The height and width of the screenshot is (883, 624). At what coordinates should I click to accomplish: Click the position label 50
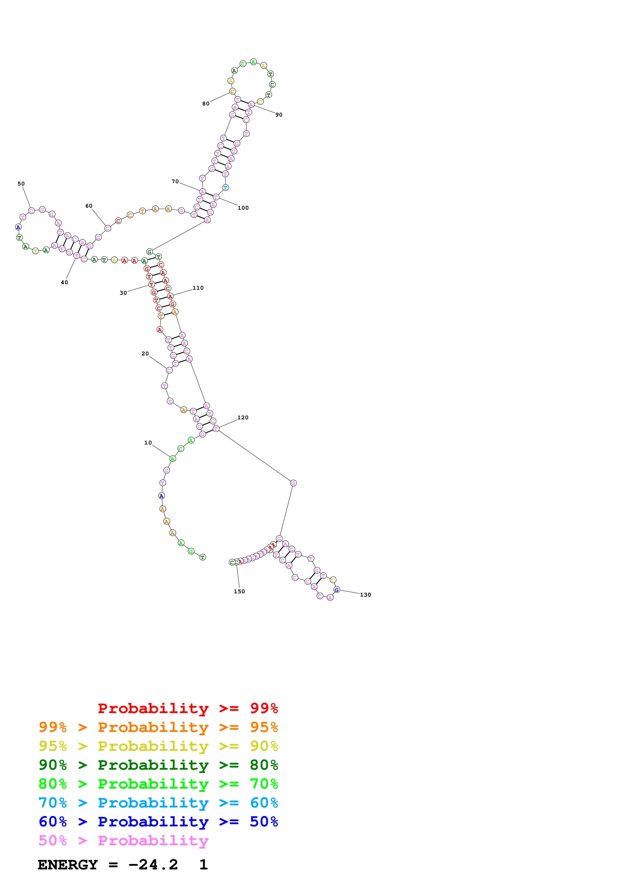pyautogui.click(x=21, y=184)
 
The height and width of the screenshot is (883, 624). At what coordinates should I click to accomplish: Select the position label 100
pyautogui.click(x=243, y=208)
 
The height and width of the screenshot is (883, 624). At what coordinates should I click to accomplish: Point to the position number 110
pyautogui.click(x=198, y=288)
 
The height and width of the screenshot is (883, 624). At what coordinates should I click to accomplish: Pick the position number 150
pyautogui.click(x=239, y=592)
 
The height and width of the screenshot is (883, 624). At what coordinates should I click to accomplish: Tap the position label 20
pyautogui.click(x=145, y=353)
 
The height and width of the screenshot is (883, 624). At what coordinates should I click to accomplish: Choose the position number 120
pyautogui.click(x=243, y=417)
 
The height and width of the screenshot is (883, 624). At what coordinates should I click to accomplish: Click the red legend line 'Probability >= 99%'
pyautogui.click(x=188, y=708)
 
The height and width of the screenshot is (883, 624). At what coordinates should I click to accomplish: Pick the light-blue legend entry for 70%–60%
pyautogui.click(x=158, y=803)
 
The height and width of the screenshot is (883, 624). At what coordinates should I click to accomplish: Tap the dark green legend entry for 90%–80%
pyautogui.click(x=158, y=765)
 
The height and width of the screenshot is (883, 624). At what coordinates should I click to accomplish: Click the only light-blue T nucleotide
pyautogui.click(x=225, y=188)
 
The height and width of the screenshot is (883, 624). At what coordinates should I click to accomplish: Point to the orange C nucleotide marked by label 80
pyautogui.click(x=232, y=92)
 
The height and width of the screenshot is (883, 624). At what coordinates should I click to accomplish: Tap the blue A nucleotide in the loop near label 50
pyautogui.click(x=18, y=227)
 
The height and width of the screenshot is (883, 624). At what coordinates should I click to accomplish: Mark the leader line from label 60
pyautogui.click(x=99, y=217)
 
